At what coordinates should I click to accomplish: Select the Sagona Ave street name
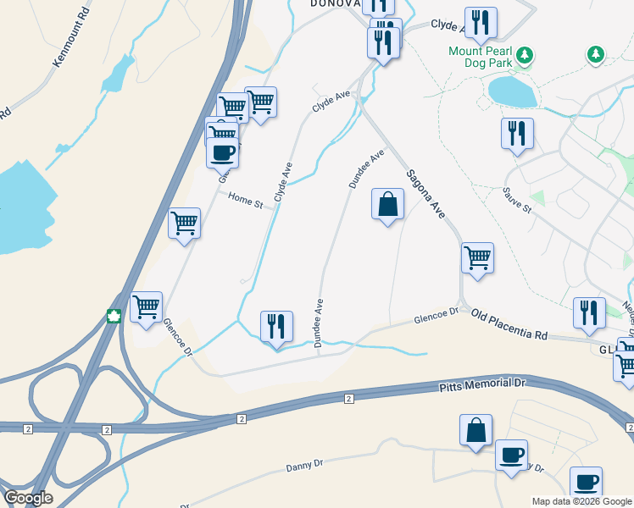pos(425,194)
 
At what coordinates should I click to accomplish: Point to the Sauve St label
pos(516,200)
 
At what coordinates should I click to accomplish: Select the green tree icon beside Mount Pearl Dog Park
pos(526,55)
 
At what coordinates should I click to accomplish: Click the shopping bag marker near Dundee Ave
pos(387,204)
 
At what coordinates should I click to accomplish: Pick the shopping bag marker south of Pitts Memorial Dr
pos(476,430)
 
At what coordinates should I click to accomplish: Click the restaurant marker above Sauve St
pos(516,133)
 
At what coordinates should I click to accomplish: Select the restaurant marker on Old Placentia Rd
pos(589,312)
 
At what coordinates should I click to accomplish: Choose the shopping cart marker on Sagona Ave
pos(478,257)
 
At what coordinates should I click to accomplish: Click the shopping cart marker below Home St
pos(185,224)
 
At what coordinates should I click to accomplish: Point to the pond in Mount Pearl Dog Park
pos(511,91)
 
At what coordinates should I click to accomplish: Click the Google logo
pos(28,498)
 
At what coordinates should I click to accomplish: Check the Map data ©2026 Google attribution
pos(581,501)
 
